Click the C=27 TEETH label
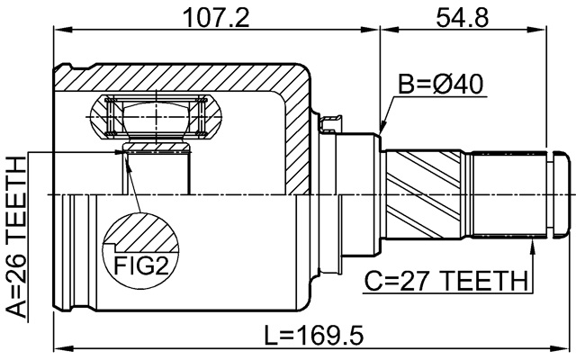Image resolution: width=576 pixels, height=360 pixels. (x=445, y=282)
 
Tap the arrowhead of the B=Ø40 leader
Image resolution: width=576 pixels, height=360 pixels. (x=382, y=130)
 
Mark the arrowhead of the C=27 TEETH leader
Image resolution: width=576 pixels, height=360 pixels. (x=533, y=241)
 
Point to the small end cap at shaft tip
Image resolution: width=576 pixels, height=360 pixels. (x=560, y=193)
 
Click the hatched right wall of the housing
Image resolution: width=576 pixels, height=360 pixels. (x=297, y=135)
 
